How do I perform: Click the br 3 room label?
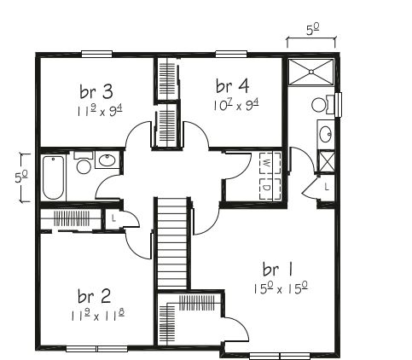tap(96, 91)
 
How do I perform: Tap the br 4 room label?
tap(232, 86)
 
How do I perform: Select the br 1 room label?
tap(277, 270)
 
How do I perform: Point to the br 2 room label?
tap(94, 296)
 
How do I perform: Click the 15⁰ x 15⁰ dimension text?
tap(281, 288)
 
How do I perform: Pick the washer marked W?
tap(270, 163)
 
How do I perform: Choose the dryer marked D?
tap(270, 189)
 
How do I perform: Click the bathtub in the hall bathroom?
tap(54, 177)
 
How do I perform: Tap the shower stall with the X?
tap(311, 72)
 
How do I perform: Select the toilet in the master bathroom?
tap(323, 105)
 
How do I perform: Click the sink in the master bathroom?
tap(326, 134)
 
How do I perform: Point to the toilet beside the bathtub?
tap(84, 163)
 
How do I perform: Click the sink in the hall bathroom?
tap(107, 160)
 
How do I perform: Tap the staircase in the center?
tap(172, 243)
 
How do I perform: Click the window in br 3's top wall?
tap(97, 54)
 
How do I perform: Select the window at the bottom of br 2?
tap(96, 349)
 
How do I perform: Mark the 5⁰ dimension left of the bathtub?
tap(21, 177)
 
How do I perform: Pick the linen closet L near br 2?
tap(113, 218)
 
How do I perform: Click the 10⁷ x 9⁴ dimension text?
tap(236, 105)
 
